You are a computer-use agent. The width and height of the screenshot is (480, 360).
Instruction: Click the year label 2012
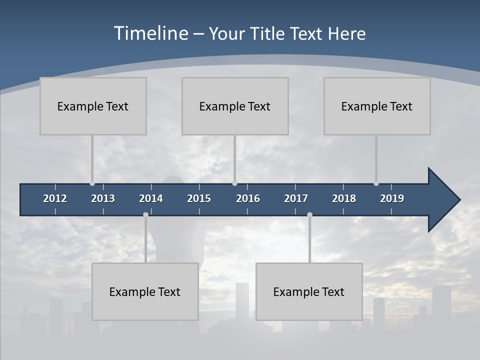(x=55, y=198)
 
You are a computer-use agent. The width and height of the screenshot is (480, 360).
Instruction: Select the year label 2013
(x=103, y=198)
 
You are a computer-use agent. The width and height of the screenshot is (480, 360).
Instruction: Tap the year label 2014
(x=151, y=198)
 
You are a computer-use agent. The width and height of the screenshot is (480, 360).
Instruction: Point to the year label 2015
(x=199, y=198)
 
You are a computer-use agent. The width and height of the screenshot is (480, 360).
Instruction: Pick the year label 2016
(x=248, y=198)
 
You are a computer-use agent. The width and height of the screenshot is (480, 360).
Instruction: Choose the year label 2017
(x=296, y=198)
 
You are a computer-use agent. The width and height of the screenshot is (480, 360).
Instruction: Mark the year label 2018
(x=344, y=198)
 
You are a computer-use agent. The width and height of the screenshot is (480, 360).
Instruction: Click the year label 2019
(x=392, y=198)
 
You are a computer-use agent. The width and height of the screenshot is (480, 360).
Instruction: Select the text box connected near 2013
(x=93, y=106)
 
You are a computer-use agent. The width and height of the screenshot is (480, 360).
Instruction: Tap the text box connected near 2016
(x=235, y=106)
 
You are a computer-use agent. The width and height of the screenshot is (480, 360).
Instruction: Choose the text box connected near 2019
(x=377, y=106)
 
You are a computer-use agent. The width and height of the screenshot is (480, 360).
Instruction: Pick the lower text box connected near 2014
(x=145, y=291)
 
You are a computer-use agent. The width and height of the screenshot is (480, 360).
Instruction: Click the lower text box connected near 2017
(x=309, y=291)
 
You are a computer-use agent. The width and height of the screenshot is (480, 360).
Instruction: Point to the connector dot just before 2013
(x=92, y=183)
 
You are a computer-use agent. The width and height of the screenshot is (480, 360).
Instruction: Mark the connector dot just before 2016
(x=234, y=183)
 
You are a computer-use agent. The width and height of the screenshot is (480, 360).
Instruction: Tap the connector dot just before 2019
(x=376, y=183)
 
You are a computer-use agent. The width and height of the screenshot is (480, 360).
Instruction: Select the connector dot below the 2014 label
(x=145, y=214)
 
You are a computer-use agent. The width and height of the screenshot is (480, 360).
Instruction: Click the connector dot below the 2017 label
(x=309, y=214)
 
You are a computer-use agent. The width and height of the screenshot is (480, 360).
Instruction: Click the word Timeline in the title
(x=151, y=33)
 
